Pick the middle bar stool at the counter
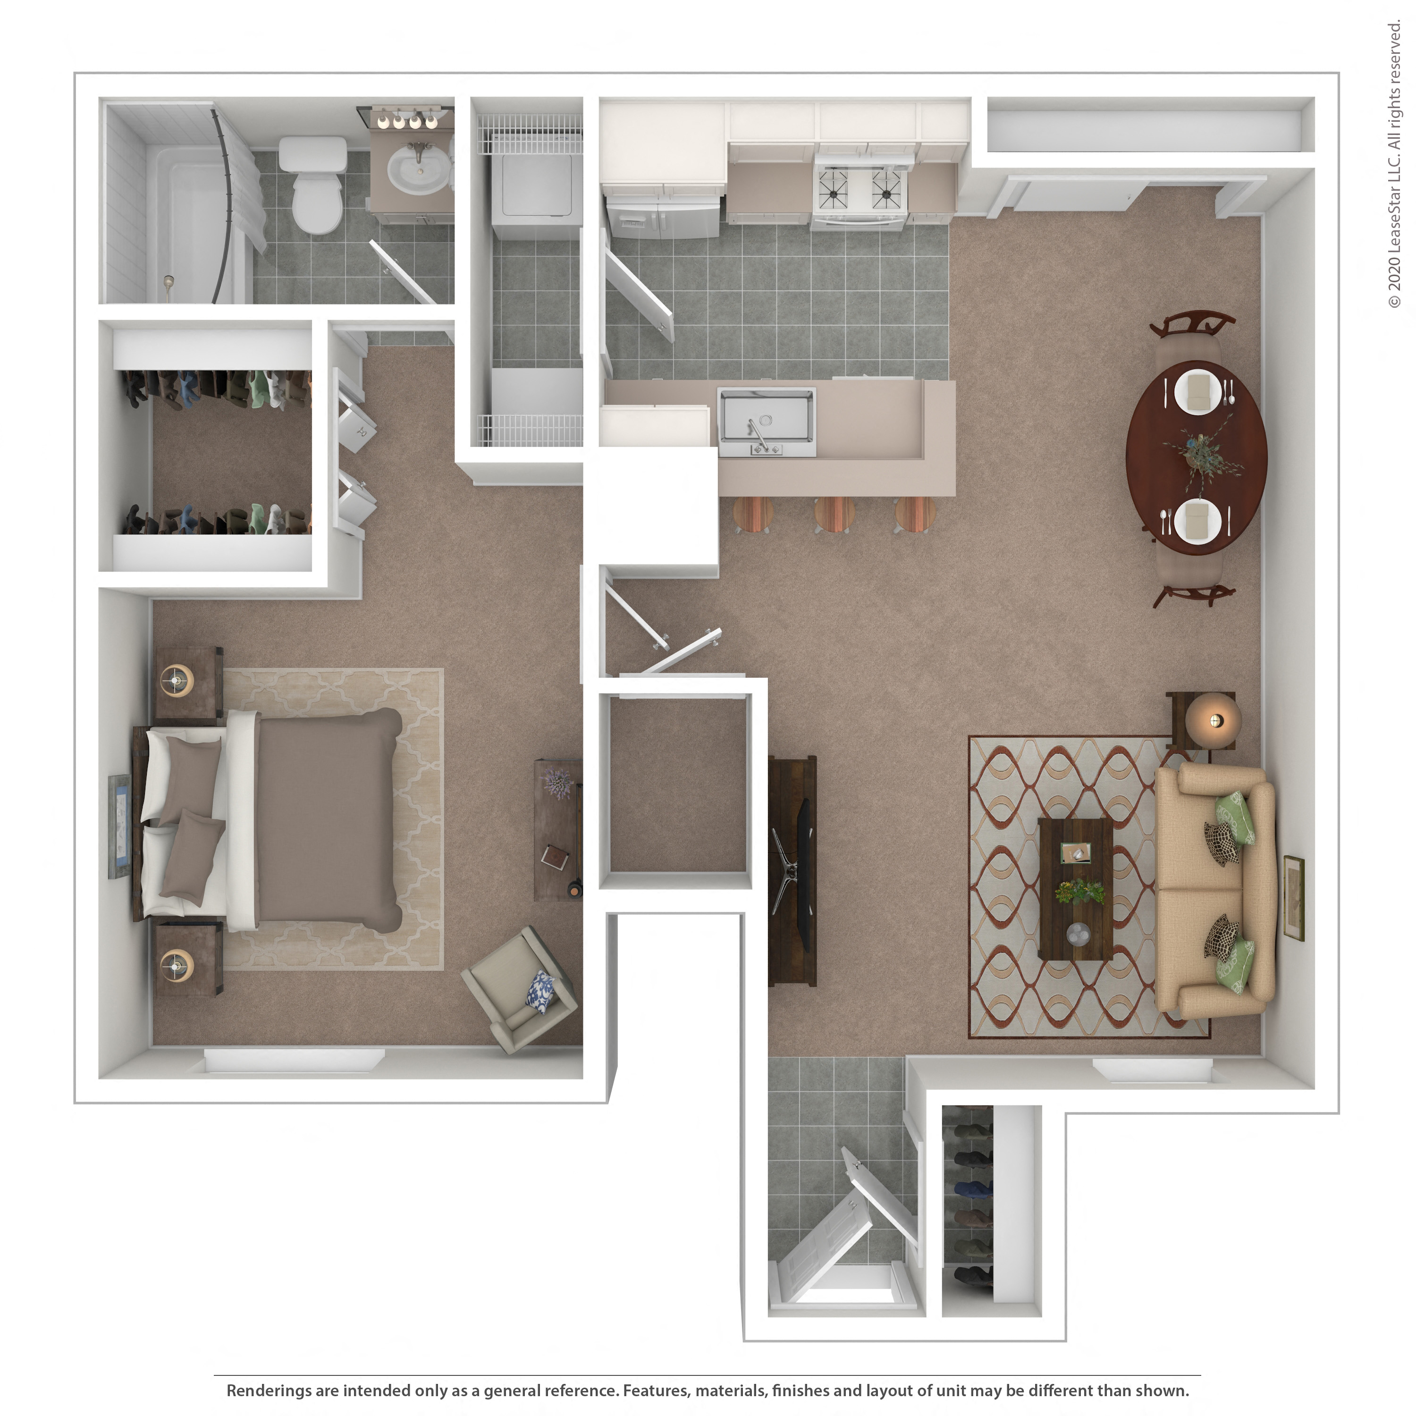[834, 513]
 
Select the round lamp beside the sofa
[1213, 720]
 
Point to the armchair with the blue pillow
[520, 989]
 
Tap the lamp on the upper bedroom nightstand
[177, 680]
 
